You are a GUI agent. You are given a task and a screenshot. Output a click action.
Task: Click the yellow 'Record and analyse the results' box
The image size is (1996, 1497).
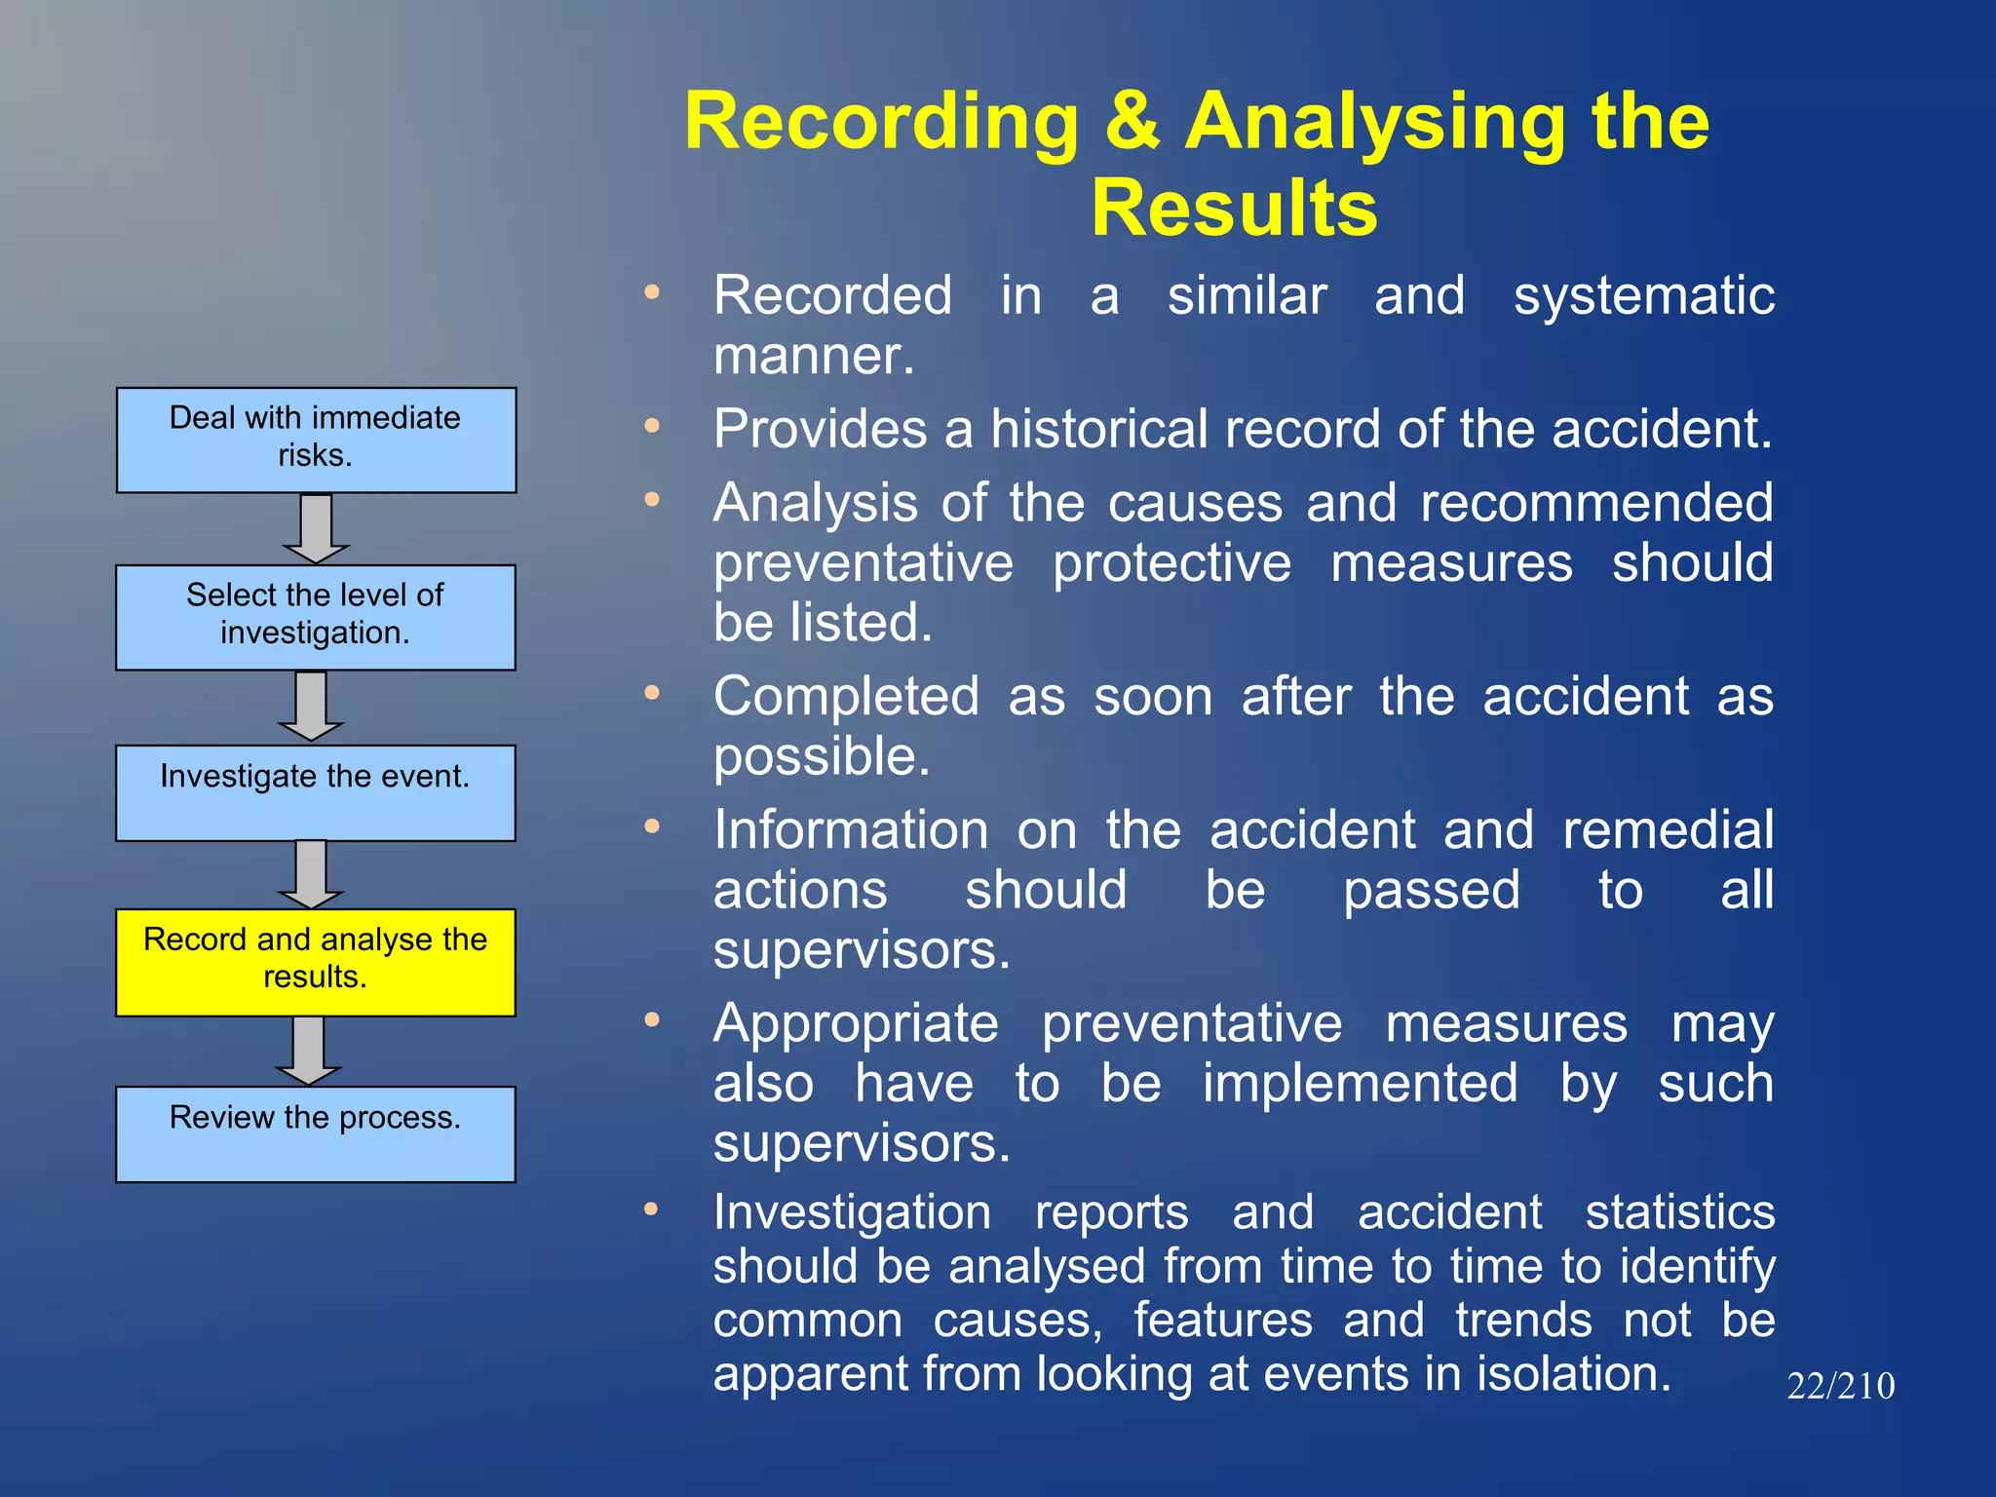[315, 962]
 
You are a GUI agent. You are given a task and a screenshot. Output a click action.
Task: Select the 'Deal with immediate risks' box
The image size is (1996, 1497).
[316, 440]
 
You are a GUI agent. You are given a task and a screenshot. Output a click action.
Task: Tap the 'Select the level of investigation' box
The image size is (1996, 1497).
[315, 617]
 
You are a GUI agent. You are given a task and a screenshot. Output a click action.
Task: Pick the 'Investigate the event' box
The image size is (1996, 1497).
[315, 792]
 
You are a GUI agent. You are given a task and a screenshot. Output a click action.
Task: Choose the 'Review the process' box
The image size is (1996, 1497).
[315, 1133]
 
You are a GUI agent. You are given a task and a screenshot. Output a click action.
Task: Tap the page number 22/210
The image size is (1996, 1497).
[1840, 1386]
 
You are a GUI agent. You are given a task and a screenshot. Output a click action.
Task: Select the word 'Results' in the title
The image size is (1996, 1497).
[1233, 208]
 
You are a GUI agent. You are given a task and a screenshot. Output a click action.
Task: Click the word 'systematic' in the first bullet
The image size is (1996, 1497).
[1643, 295]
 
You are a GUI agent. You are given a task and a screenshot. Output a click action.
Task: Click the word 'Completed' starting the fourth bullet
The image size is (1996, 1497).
[845, 697]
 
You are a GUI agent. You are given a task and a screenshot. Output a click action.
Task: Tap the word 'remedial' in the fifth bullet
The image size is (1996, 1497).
[1668, 830]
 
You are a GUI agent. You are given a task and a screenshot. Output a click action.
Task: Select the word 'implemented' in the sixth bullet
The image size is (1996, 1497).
[1360, 1083]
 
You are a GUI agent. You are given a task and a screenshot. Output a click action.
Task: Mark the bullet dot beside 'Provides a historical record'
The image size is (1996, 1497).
[652, 426]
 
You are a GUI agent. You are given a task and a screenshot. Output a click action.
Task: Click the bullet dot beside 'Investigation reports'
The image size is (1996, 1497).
[652, 1209]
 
